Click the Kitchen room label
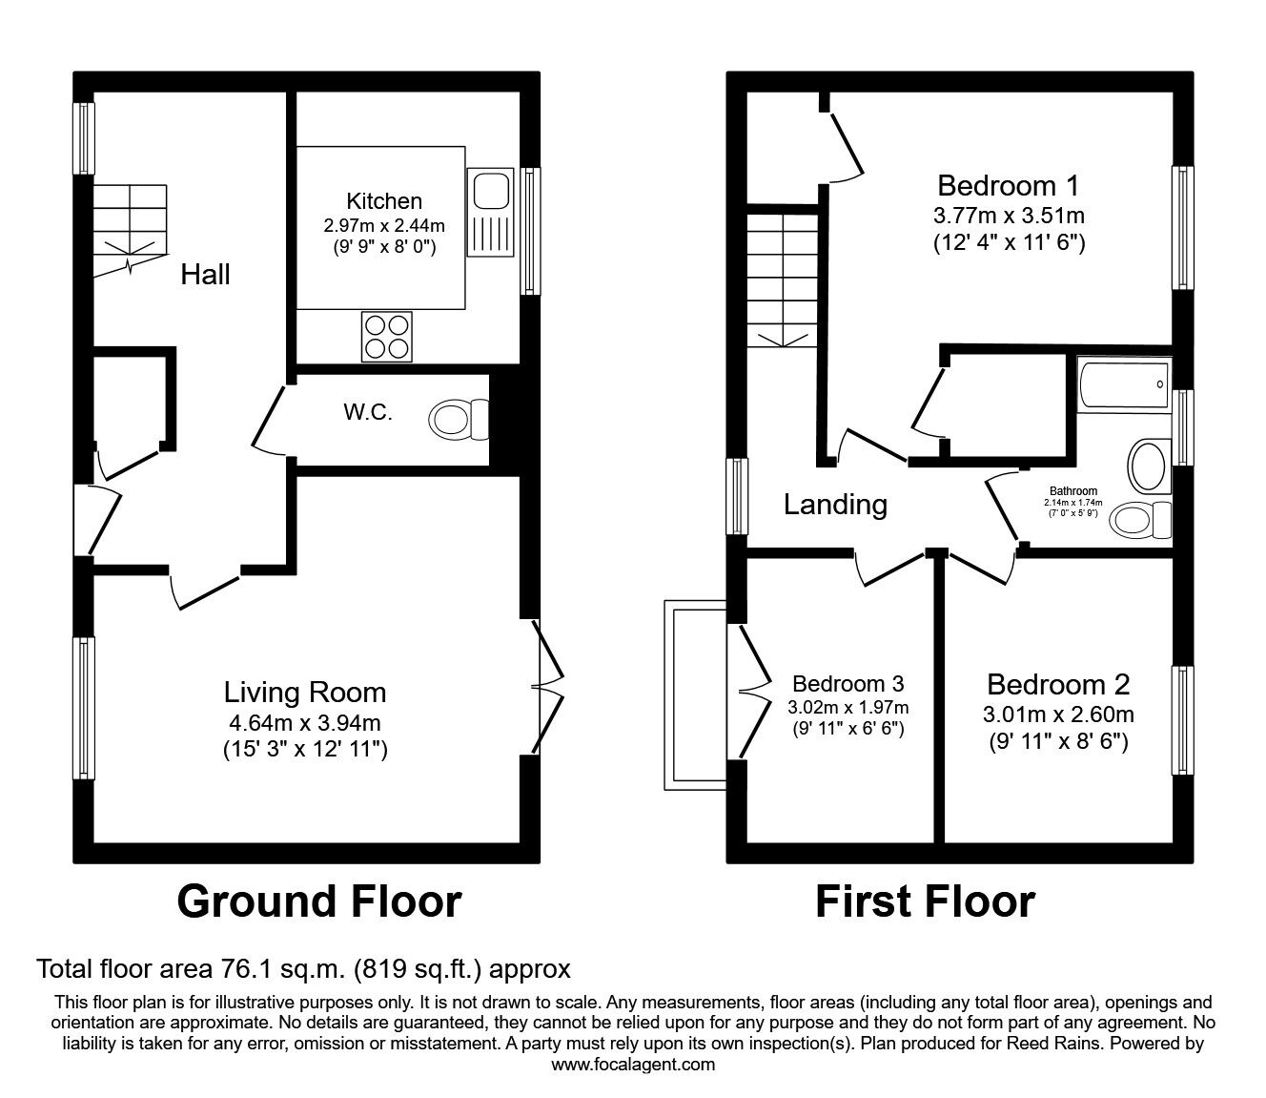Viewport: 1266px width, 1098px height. click(383, 201)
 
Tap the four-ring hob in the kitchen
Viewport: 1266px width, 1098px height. click(386, 337)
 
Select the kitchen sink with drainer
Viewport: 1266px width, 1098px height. click(490, 215)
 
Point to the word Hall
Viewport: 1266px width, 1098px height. click(205, 275)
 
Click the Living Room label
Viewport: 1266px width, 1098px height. click(305, 692)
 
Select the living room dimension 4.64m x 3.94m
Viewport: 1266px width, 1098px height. click(305, 723)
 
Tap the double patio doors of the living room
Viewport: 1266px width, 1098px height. click(546, 684)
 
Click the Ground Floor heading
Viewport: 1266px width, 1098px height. click(318, 901)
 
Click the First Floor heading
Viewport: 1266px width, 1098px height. click(924, 901)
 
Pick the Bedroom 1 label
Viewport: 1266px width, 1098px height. click(1009, 184)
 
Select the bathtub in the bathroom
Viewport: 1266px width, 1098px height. click(1123, 384)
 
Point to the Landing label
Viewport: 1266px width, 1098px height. click(835, 504)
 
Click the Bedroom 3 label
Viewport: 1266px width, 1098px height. click(847, 683)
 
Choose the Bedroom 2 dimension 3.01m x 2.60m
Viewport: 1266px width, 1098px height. click(1058, 715)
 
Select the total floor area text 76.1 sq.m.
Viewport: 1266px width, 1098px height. click(303, 969)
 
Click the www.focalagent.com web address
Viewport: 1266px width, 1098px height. click(633, 1064)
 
